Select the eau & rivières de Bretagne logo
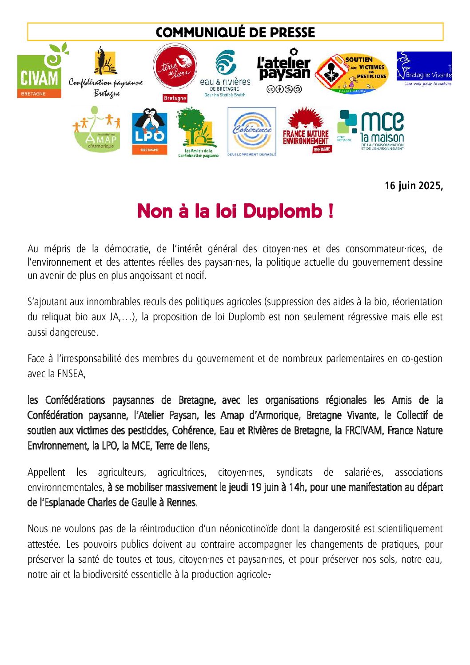tap(225, 74)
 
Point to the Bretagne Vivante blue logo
tap(424, 69)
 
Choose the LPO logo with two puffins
tap(149, 131)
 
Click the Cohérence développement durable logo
tap(252, 131)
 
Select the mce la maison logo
tap(371, 130)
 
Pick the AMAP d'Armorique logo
tap(97, 130)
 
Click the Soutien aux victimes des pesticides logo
tap(351, 74)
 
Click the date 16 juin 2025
tap(413, 186)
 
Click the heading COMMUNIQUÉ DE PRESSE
tap(235, 32)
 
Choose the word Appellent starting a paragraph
tap(46, 472)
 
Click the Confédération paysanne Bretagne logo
tap(106, 74)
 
